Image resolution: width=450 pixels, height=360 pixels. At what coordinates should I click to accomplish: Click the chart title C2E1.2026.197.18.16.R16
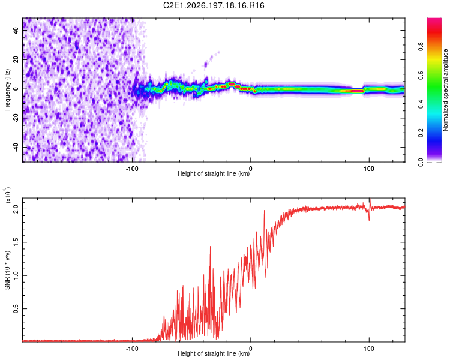(x=214, y=5)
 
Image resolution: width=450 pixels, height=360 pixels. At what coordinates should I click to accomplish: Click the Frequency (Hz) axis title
(x=7, y=90)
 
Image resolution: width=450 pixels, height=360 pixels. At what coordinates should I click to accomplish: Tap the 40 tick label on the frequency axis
(x=16, y=30)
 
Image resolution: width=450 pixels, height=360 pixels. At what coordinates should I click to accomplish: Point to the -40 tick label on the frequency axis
(x=16, y=146)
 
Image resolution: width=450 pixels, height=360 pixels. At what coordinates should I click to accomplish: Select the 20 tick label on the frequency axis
(x=16, y=59)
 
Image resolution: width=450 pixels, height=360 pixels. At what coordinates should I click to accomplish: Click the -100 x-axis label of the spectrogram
(x=132, y=169)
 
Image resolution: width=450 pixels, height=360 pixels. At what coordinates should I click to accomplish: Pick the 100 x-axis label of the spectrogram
(x=369, y=169)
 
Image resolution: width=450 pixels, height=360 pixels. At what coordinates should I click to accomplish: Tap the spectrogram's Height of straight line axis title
(x=214, y=173)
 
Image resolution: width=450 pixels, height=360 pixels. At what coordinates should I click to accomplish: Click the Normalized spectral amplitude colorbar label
(x=445, y=90)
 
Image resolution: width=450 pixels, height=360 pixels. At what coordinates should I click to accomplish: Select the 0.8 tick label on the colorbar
(x=421, y=46)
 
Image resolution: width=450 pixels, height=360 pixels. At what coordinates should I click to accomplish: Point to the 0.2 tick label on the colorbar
(x=421, y=133)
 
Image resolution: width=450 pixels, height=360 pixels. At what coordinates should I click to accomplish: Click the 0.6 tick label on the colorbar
(x=421, y=75)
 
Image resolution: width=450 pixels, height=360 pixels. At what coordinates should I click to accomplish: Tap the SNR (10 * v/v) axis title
(x=7, y=270)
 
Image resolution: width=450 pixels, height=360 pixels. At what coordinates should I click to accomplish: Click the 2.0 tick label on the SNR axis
(x=16, y=209)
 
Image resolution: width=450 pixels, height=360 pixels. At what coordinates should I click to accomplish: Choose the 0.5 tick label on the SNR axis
(x=16, y=309)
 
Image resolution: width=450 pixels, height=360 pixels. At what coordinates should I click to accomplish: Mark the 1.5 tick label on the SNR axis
(x=16, y=242)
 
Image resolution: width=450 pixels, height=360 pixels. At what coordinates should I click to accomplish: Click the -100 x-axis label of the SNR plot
(x=132, y=349)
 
